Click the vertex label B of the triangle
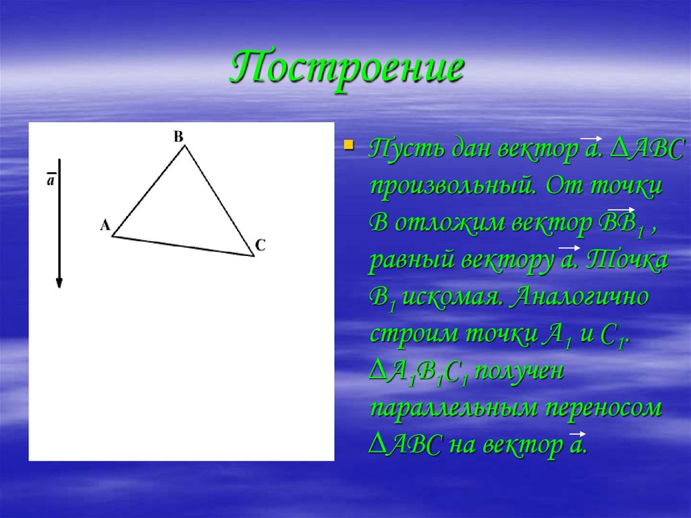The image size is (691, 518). pyautogui.click(x=178, y=136)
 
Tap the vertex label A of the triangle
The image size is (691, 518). pyautogui.click(x=105, y=226)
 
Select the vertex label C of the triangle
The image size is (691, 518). pyautogui.click(x=260, y=245)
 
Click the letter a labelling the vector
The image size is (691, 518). pyautogui.click(x=51, y=180)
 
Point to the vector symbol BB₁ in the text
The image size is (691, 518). pyautogui.click(x=621, y=223)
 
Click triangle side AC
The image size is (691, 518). pyautogui.click(x=182, y=246)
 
